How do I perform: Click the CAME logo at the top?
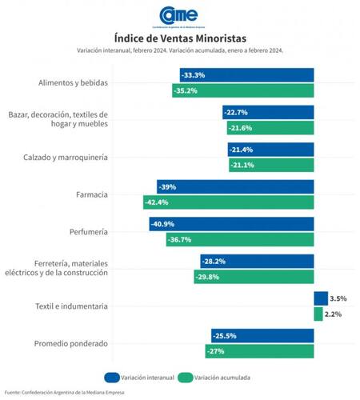pos(180,14)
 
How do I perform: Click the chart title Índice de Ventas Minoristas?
pos(180,37)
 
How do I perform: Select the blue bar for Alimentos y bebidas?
pos(246,75)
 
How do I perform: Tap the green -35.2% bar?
pos(242,90)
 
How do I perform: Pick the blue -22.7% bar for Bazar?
pos(268,112)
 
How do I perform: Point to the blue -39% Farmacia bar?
pos(235,186)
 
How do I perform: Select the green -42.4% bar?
pos(228,202)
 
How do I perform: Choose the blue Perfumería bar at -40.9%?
pos(231,224)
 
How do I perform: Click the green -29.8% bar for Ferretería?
pos(254,277)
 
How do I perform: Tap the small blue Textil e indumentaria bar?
pos(321,298)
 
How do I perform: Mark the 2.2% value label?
pos(334,314)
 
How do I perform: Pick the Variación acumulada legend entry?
pos(213,376)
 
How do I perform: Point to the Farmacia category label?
pos(92,194)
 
